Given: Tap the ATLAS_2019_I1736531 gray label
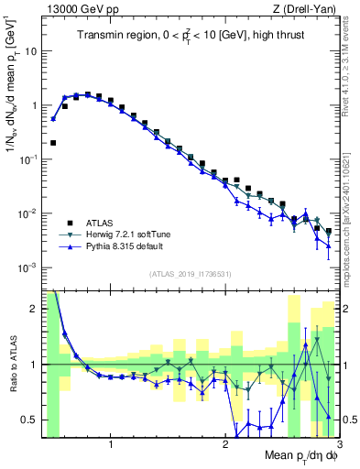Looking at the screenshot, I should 189,274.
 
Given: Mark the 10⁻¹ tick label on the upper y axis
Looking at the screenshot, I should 28,159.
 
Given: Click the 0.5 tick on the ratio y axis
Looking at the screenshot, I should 30,420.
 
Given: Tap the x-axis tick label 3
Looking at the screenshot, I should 338,446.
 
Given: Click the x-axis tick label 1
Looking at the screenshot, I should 111,446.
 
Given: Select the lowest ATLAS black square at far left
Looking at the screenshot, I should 53,143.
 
